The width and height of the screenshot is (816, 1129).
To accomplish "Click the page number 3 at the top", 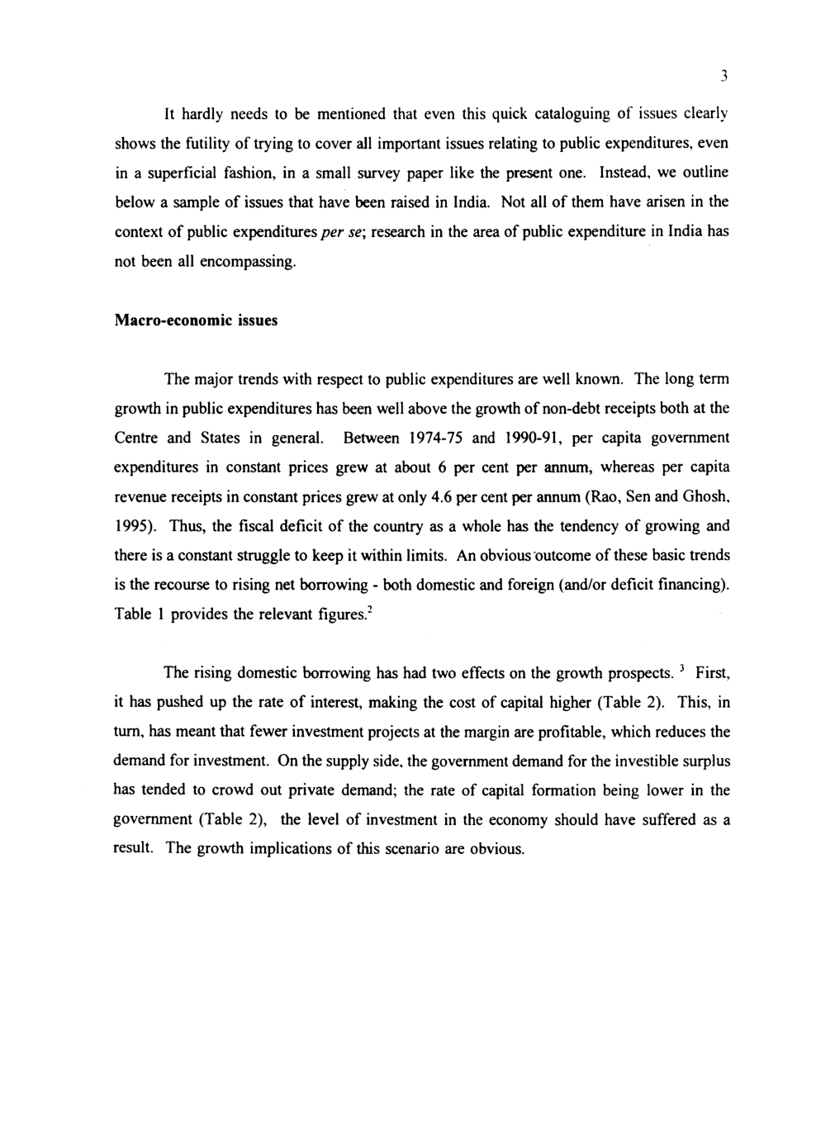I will click(722, 77).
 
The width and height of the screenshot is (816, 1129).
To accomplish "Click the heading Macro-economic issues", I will click(196, 320).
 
